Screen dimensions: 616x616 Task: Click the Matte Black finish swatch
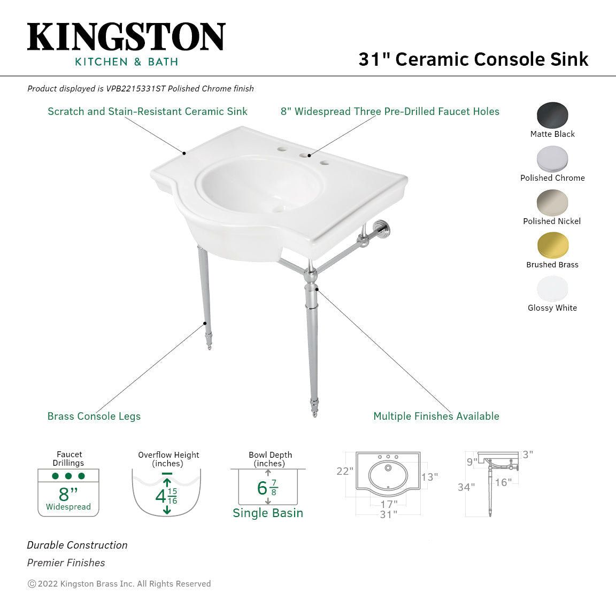[552, 115]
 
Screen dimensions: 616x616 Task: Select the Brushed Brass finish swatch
[552, 245]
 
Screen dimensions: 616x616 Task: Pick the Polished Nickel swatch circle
[552, 202]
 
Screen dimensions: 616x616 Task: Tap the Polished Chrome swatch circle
[552, 159]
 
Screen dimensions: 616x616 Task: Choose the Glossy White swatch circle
[552, 289]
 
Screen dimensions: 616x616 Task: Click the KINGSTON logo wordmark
[126, 37]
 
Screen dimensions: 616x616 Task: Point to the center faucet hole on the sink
[309, 156]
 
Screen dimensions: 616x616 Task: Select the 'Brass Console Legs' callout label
[94, 417]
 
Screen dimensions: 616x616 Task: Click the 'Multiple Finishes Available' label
[436, 417]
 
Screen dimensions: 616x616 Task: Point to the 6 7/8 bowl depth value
[267, 488]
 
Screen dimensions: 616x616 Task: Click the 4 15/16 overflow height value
[166, 496]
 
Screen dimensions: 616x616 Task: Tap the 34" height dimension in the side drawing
[466, 487]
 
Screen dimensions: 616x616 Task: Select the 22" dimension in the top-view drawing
[344, 471]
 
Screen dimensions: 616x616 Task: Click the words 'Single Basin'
[268, 513]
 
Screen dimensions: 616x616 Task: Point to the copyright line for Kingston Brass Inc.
[119, 584]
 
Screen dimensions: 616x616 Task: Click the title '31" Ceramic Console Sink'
[473, 59]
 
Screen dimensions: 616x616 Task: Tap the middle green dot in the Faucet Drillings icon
[68, 476]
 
